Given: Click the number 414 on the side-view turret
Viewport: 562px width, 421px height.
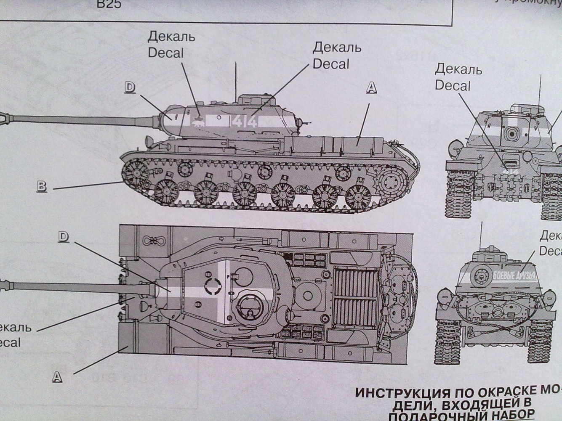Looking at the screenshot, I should pos(245,121).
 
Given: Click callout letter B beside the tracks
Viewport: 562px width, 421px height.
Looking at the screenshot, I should pos(41,187).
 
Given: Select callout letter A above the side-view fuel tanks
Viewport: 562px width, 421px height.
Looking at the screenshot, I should pos(371,87).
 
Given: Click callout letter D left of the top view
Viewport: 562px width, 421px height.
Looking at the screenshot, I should pos(63,237).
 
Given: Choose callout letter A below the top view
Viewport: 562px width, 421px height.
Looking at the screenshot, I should pos(57,377).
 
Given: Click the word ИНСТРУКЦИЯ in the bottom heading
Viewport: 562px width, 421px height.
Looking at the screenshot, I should pos(394,382).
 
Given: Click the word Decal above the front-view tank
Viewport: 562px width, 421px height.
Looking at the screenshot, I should pos(452,86).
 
